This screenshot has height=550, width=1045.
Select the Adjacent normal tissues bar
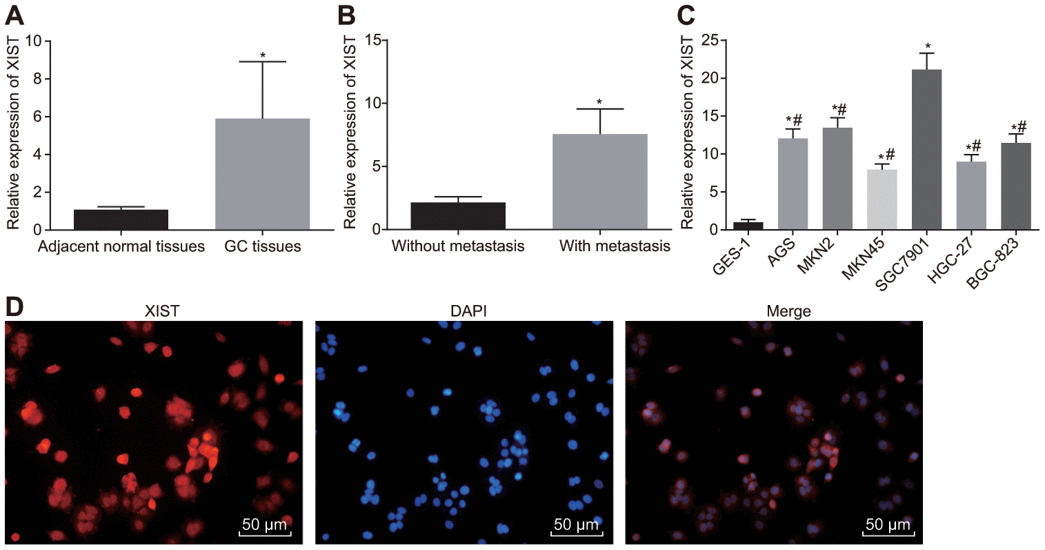[121, 219]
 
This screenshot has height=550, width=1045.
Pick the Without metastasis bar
[457, 216]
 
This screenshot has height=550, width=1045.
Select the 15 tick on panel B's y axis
[374, 41]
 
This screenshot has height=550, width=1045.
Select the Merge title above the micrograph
[788, 312]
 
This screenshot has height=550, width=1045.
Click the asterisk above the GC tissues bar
[263, 55]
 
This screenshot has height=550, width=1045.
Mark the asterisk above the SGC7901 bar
[926, 46]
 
